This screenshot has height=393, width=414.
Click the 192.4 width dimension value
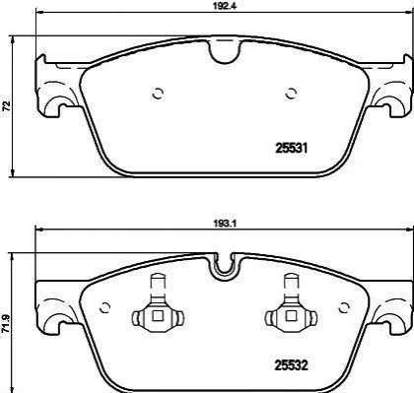pos(225,6)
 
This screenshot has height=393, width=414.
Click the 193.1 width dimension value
pos(225,224)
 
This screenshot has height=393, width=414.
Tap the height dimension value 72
pos(7,106)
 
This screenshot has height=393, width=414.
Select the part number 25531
pos(292,149)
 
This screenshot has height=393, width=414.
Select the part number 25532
pos(292,365)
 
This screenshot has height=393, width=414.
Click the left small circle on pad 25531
pos(158,94)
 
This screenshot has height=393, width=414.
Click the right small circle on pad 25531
pos(291,94)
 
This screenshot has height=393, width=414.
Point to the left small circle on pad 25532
pos(104,307)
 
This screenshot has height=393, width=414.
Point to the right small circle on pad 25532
pos(344,307)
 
